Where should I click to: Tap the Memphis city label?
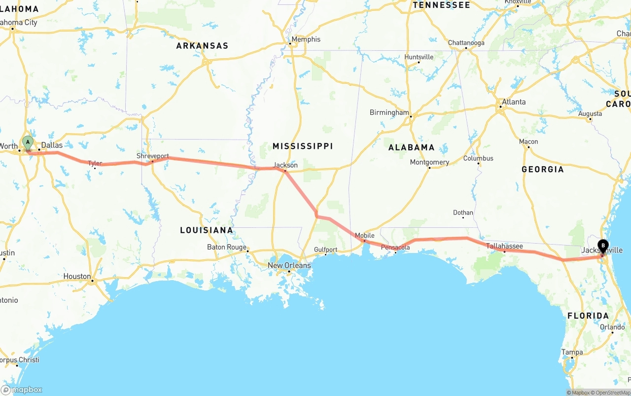[306, 39]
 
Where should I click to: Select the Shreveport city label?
[152, 156]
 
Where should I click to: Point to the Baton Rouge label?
[226, 247]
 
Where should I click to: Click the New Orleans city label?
[289, 265]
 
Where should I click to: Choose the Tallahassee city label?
[504, 246]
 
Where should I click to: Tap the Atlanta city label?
[513, 102]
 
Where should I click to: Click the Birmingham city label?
[389, 112]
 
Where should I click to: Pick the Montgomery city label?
[429, 162]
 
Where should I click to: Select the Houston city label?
[77, 276]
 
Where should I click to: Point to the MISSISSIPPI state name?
[303, 146]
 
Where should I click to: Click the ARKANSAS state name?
[202, 46]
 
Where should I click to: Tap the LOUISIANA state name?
[206, 230]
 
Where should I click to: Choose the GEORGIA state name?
[542, 169]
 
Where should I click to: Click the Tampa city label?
[572, 352]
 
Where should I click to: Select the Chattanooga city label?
[466, 43]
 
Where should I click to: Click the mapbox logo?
[22, 390]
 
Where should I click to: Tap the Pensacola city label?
[395, 247]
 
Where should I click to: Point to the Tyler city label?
[95, 163]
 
